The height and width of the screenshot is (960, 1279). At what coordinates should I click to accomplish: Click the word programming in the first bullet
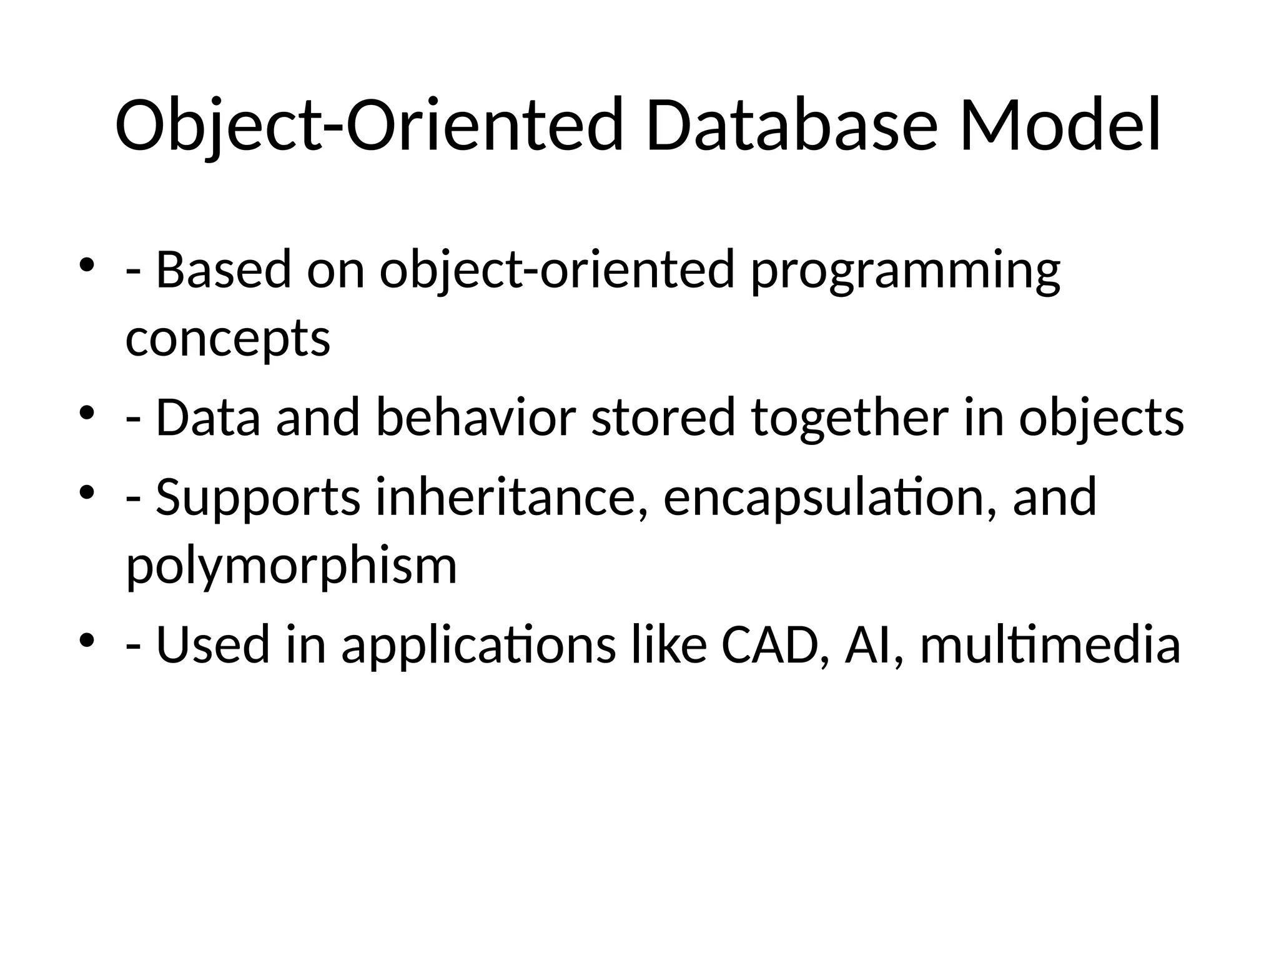pyautogui.click(x=905, y=271)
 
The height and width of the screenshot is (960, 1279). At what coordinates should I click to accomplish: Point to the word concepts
pyautogui.click(x=227, y=339)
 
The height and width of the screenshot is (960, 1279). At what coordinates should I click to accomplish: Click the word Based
pyautogui.click(x=223, y=271)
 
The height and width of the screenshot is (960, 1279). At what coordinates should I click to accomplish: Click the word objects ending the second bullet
pyautogui.click(x=1101, y=418)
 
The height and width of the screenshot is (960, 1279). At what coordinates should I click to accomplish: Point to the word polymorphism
pyautogui.click(x=291, y=566)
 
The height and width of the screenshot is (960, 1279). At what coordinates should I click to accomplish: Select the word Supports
pyautogui.click(x=257, y=497)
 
